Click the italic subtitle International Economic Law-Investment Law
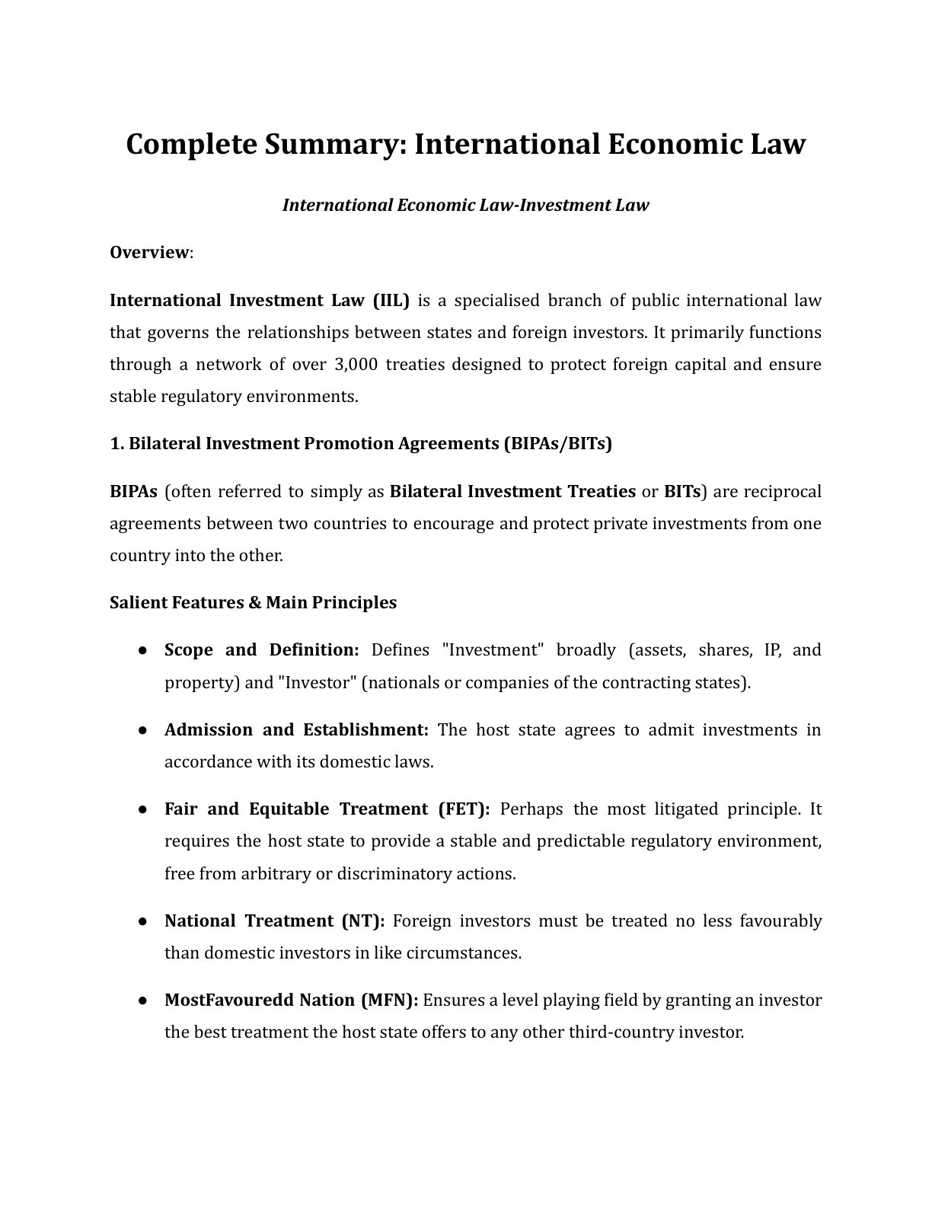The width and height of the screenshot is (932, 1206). tap(465, 205)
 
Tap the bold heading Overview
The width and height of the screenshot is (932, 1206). tap(149, 252)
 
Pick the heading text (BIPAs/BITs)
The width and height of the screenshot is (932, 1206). tap(557, 443)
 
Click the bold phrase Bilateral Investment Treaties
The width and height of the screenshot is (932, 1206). tap(512, 491)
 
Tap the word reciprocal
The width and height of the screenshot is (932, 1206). tap(782, 491)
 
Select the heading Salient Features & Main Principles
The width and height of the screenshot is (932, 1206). tap(253, 602)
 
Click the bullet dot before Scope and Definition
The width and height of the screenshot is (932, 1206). tap(142, 650)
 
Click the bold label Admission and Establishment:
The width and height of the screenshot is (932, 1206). tap(296, 729)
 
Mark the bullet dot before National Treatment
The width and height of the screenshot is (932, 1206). tap(142, 921)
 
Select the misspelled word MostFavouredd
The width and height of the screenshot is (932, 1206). tap(228, 1000)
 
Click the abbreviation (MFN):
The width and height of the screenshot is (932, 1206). tap(388, 1000)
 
